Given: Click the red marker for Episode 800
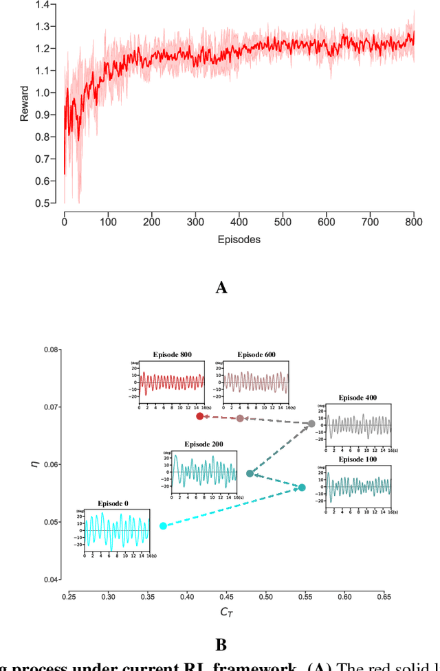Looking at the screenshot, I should (x=200, y=416).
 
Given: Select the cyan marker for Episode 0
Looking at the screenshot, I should (x=163, y=526).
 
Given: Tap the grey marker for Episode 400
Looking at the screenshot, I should (x=311, y=424).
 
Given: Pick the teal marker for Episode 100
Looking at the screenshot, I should (x=301, y=488).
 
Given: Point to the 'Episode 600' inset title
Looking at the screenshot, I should (x=256, y=354).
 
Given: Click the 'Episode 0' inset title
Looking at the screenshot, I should (x=113, y=503).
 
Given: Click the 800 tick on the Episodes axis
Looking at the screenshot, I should (x=413, y=222).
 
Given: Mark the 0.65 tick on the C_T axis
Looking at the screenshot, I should (x=428, y=597).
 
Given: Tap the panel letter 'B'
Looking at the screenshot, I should (x=221, y=645).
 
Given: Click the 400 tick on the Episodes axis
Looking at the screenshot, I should (x=239, y=222).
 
